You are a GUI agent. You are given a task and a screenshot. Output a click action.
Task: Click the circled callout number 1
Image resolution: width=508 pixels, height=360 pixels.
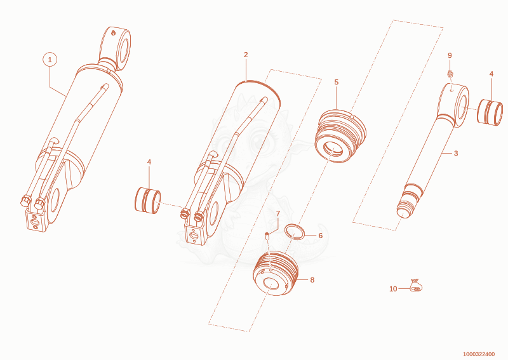[x=50, y=60]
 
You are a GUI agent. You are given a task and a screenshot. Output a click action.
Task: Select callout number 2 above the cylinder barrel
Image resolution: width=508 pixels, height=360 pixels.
[x=246, y=55]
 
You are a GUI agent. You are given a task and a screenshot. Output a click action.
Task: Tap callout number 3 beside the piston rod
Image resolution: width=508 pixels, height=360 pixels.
[x=456, y=153]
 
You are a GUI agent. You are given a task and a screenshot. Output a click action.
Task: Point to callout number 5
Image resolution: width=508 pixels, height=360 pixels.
[x=337, y=83]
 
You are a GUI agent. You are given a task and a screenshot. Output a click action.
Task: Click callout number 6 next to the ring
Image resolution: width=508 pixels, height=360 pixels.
[x=321, y=236]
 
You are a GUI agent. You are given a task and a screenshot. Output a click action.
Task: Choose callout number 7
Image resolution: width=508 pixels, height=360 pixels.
[x=278, y=213]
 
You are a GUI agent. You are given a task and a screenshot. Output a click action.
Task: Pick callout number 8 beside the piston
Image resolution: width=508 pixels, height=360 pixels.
[x=312, y=280]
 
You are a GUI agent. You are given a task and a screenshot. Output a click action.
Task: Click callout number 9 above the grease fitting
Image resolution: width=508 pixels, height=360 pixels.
[x=450, y=56]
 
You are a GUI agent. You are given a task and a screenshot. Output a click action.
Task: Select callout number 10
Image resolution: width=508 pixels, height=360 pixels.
[x=393, y=289]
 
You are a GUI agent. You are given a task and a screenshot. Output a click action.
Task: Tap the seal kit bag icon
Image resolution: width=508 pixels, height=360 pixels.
[x=416, y=286]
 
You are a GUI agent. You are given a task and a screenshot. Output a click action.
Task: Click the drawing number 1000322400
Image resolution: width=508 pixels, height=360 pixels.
[x=479, y=354]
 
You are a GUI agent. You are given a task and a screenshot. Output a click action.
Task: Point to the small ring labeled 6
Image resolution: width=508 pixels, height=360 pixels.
[x=295, y=232]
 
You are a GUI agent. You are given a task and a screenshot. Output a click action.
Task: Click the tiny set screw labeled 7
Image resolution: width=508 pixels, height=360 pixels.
[x=267, y=236]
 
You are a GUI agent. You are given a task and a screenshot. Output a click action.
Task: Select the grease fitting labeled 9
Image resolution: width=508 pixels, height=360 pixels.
[x=450, y=74]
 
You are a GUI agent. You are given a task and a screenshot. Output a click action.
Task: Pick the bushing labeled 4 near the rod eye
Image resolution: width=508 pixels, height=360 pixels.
[x=490, y=112]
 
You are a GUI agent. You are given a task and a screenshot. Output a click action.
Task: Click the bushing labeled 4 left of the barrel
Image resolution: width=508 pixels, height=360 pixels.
[x=148, y=200]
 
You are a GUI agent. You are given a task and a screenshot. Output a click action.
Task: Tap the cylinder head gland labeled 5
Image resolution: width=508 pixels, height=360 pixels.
[x=340, y=136]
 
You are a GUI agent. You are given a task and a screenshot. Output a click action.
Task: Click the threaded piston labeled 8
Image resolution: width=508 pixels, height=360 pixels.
[x=276, y=273]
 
